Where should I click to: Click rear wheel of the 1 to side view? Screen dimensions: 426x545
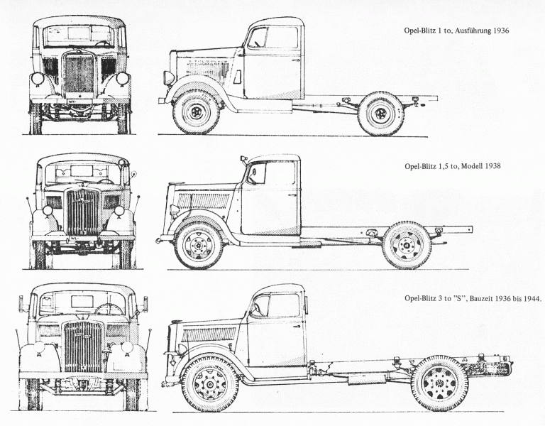(x=380, y=113)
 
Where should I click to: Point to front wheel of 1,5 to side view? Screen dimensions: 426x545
(x=199, y=246)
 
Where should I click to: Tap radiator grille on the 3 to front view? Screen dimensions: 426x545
(x=84, y=346)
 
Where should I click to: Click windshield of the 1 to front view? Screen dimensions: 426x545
(x=79, y=35)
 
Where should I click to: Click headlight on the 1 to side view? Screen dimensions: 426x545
(x=168, y=77)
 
